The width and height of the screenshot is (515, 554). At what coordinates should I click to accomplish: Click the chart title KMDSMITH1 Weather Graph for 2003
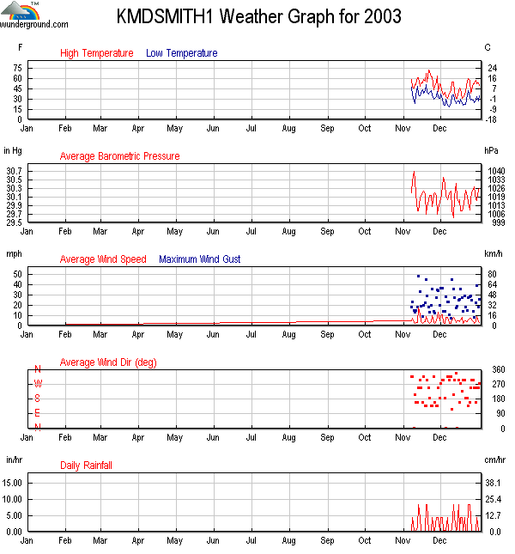click(x=258, y=17)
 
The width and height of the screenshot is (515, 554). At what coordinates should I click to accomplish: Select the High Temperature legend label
click(x=97, y=53)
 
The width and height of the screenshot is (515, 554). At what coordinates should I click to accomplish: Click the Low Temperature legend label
click(x=182, y=53)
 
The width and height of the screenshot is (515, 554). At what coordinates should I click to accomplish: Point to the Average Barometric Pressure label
click(x=119, y=156)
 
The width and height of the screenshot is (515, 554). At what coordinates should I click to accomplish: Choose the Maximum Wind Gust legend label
click(x=200, y=259)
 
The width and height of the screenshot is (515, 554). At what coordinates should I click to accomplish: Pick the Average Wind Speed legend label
click(x=103, y=259)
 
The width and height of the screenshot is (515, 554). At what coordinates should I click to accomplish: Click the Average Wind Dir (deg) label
click(x=108, y=362)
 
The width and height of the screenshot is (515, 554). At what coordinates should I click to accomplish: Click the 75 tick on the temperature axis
click(x=18, y=67)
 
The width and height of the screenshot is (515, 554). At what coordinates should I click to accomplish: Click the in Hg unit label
click(x=13, y=150)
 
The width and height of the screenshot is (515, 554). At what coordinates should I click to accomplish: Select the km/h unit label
click(x=493, y=253)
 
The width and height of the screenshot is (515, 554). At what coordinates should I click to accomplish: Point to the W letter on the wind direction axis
click(x=37, y=384)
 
